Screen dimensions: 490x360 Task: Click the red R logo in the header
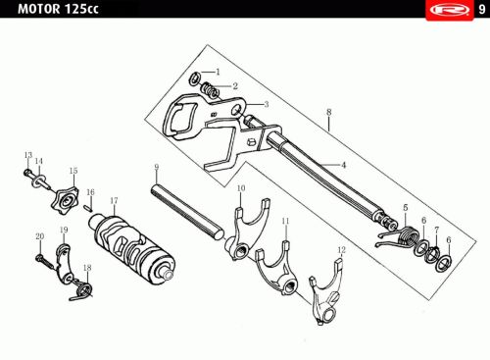[x=450, y=10]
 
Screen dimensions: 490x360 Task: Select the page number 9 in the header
[x=482, y=10]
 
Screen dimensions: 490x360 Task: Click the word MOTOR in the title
[x=39, y=9]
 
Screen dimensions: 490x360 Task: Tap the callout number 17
[x=114, y=200]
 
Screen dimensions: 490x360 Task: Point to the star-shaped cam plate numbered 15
[x=66, y=199]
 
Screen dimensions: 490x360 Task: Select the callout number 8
[x=328, y=112]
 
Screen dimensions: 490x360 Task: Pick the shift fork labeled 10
[x=247, y=229]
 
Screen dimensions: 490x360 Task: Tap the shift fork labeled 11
[x=276, y=268]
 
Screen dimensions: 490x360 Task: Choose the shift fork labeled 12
[x=325, y=291]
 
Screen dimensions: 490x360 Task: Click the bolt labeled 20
[x=44, y=261]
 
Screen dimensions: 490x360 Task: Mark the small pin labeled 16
[x=87, y=207]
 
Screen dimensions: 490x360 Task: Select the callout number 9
[x=157, y=167]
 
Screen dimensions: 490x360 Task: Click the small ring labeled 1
[x=194, y=78]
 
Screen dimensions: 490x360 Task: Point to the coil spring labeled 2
[x=210, y=90]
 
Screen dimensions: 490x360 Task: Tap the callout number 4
[x=343, y=165]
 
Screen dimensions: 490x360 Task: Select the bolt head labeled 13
[x=27, y=172]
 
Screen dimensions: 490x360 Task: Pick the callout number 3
[x=267, y=104]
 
